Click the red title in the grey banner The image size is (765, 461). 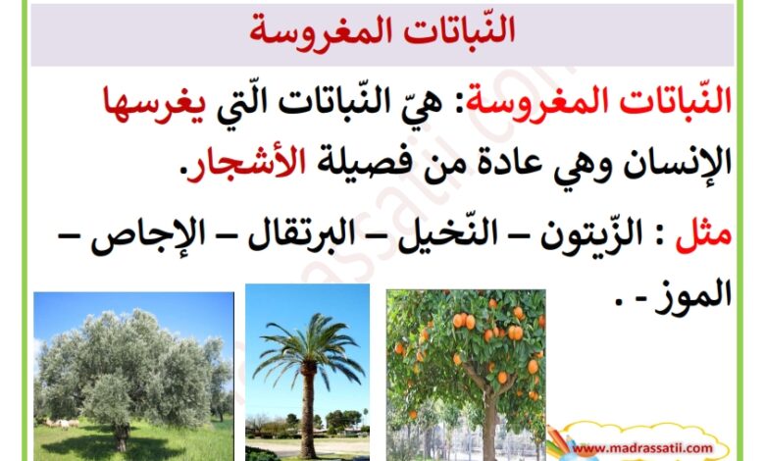tap(382, 30)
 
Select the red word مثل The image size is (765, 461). tap(703, 234)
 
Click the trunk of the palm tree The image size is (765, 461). tap(307, 410)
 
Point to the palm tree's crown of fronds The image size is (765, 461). tap(308, 347)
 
